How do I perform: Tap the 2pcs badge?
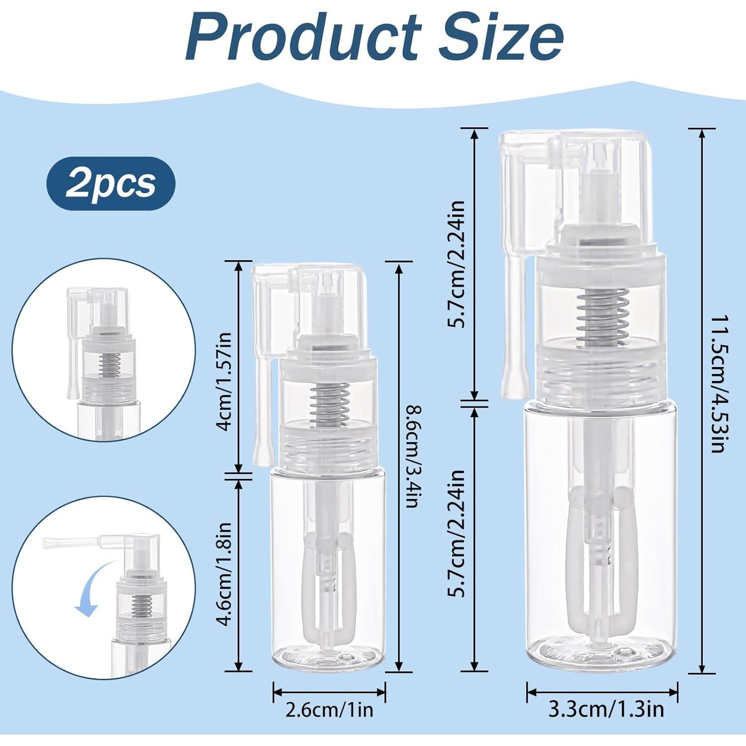110,184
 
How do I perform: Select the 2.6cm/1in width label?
329,710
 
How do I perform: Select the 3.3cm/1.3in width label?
606,710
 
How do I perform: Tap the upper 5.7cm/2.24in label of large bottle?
456,264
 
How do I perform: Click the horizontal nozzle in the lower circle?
70,543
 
